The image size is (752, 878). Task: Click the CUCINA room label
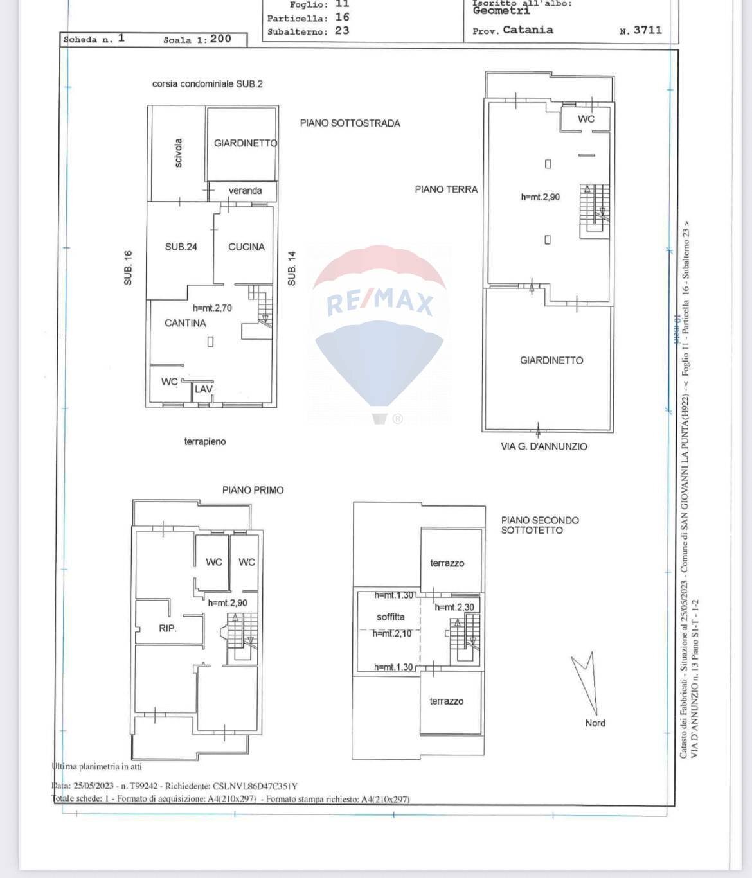point(246,247)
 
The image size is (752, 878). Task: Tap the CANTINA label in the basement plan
point(185,323)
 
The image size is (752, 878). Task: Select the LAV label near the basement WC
point(203,389)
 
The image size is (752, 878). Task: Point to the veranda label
point(245,191)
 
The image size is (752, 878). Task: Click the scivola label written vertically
point(178,153)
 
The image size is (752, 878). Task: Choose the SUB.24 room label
point(181,247)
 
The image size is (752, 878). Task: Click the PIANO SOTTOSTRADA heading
point(350,123)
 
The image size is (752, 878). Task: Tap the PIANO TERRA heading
point(446,189)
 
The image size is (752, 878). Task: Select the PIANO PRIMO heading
point(253,490)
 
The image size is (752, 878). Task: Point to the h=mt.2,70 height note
point(212,308)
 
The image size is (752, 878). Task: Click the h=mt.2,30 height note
point(454,607)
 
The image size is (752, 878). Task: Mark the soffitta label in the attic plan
point(391,617)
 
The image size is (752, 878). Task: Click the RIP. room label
point(167,628)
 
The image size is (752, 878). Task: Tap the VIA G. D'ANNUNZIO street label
point(544,446)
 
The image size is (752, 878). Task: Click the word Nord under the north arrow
point(595,723)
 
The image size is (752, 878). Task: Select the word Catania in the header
point(528,30)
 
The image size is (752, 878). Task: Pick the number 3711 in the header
point(647,30)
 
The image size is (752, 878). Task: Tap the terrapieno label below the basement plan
point(205,442)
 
